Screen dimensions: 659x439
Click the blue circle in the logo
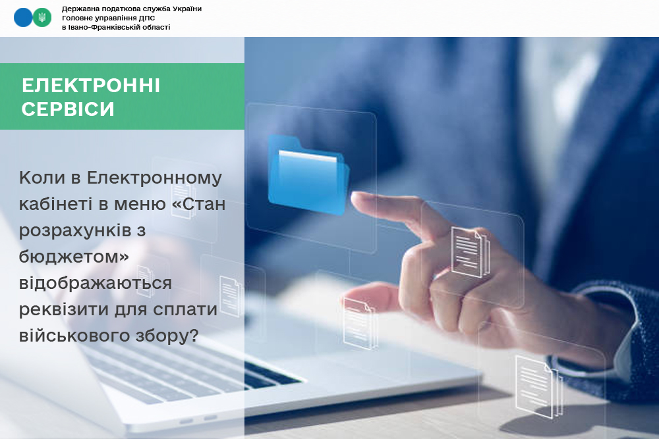tap(23, 18)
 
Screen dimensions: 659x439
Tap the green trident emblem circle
tap(42, 18)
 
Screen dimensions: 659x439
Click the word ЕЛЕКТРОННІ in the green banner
tap(91, 86)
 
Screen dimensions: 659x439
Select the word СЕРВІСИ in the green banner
tap(68, 109)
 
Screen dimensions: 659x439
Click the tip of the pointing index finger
tap(353, 197)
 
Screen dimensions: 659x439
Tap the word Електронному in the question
tap(154, 178)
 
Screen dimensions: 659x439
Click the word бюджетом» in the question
tap(74, 256)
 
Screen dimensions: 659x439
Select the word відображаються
tap(96, 283)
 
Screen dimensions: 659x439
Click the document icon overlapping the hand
tap(471, 252)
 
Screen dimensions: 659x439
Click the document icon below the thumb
tap(359, 323)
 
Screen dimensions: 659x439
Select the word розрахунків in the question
tap(75, 231)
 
